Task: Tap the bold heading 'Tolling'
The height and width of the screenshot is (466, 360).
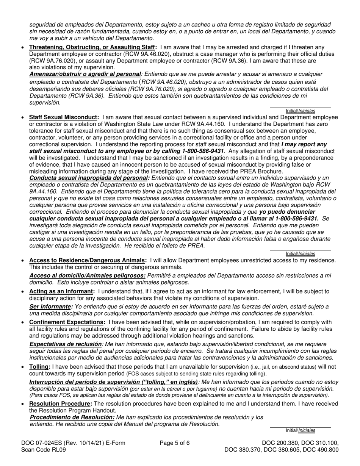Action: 39,367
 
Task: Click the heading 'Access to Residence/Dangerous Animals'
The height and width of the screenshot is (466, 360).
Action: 88,260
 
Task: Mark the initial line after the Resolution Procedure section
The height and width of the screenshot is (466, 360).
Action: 300,427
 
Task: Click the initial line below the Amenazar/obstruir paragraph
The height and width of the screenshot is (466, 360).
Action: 300,108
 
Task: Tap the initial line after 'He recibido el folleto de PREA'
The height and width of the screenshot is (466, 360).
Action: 300,250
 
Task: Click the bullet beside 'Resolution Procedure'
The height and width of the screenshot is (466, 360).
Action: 23,404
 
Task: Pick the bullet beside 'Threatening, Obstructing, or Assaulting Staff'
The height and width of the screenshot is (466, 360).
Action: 23,47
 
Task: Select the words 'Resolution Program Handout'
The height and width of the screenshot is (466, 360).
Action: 73,410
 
